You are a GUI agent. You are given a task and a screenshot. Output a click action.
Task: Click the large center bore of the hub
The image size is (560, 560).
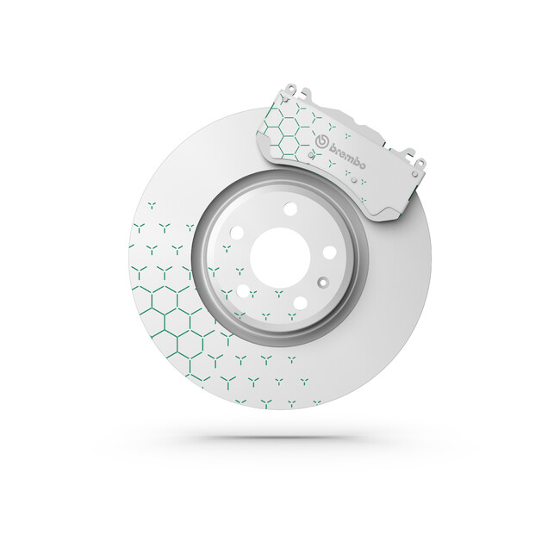pyautogui.click(x=280, y=258)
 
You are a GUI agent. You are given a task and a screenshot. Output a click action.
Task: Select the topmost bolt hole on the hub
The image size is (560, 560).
pyautogui.click(x=290, y=209)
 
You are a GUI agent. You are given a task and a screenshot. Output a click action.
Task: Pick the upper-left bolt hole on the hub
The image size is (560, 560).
pyautogui.click(x=237, y=233)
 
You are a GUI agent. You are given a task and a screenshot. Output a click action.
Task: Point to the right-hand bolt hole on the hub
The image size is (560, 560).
pyautogui.click(x=330, y=252)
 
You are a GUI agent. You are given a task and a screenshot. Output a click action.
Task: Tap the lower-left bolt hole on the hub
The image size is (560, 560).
pyautogui.click(x=243, y=290)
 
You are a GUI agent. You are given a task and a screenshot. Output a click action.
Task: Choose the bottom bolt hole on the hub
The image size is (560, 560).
pyautogui.click(x=300, y=303)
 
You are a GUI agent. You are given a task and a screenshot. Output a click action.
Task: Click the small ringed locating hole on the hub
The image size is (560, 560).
pyautogui.click(x=323, y=283)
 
